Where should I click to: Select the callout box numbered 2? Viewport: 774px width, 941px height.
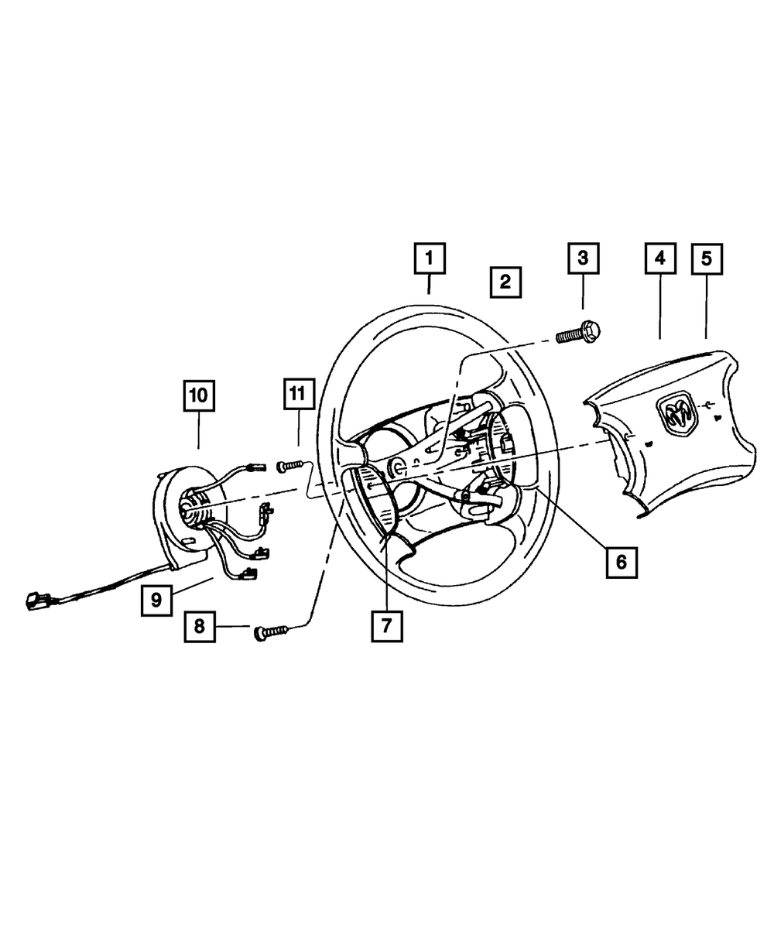coord(505,282)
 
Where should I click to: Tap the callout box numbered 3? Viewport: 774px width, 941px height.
coord(583,258)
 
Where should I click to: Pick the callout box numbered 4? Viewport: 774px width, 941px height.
coord(659,258)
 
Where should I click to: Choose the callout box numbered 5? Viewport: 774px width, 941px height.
coord(707,258)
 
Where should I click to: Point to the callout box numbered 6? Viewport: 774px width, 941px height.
coord(621,562)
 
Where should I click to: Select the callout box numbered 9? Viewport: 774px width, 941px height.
coord(156,601)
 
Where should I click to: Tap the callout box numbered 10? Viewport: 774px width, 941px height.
coord(198,396)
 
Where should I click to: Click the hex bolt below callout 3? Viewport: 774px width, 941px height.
coord(579,334)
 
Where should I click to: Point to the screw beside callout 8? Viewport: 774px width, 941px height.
coord(270,633)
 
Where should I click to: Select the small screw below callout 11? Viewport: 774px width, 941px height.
coord(289,465)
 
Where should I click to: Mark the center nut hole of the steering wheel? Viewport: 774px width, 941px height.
coord(399,466)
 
